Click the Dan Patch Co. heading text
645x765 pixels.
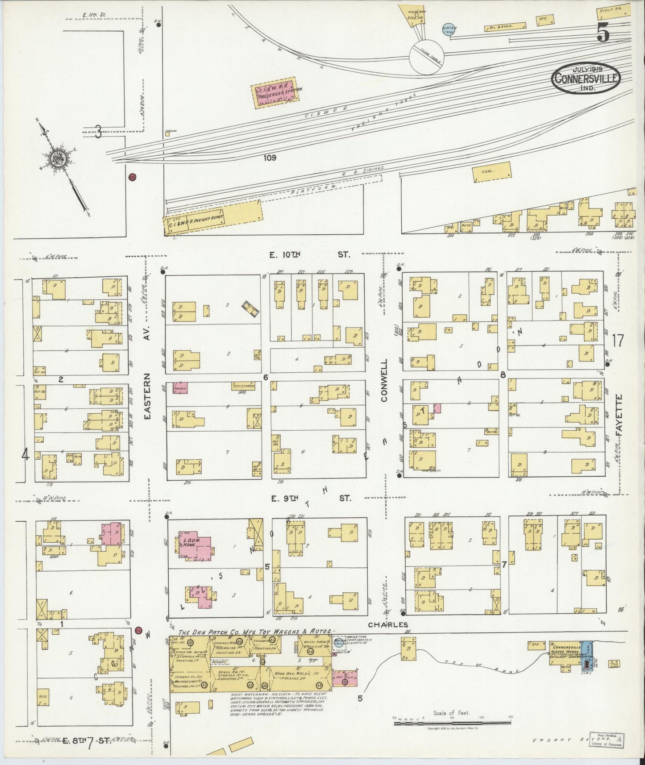click(x=254, y=632)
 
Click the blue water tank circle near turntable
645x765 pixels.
click(x=448, y=29)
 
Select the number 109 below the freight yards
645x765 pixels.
click(x=270, y=158)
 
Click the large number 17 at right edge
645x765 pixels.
click(x=618, y=341)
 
